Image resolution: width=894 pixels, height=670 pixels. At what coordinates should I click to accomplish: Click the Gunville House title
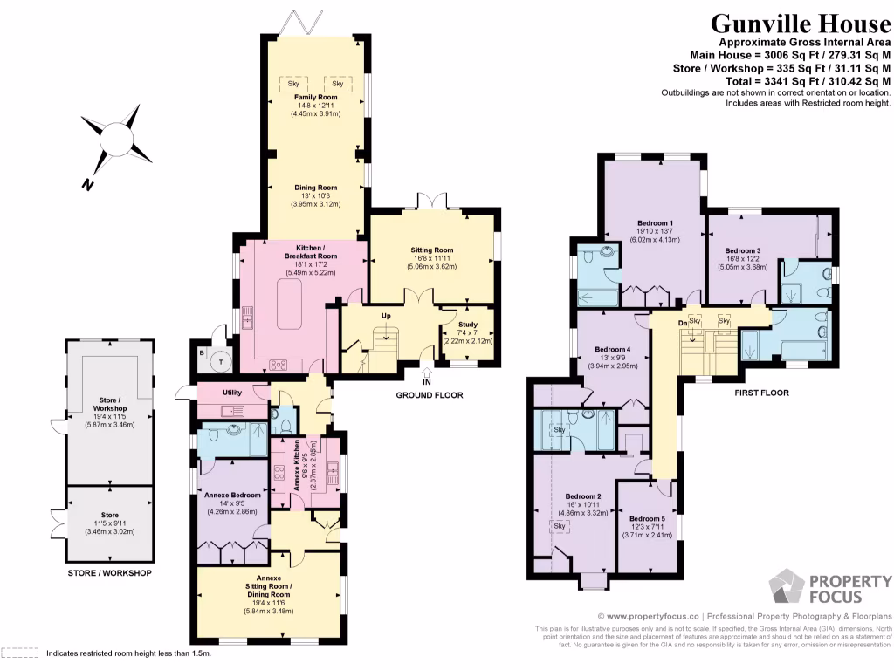(800, 24)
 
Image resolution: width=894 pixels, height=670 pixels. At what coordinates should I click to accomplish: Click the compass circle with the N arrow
(115, 139)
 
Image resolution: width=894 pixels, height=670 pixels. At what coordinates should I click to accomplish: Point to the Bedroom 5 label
(648, 517)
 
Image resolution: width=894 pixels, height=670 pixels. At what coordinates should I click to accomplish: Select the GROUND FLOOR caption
(430, 395)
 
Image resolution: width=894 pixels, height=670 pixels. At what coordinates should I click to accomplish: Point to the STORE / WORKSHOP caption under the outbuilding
(109, 573)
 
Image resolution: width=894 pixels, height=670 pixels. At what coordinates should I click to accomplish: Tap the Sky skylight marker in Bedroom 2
(559, 526)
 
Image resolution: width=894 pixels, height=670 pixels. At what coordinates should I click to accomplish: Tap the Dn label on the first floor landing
(684, 322)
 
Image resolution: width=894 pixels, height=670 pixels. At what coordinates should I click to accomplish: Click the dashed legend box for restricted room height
(21, 653)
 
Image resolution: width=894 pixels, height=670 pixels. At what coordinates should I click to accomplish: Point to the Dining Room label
(315, 188)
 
